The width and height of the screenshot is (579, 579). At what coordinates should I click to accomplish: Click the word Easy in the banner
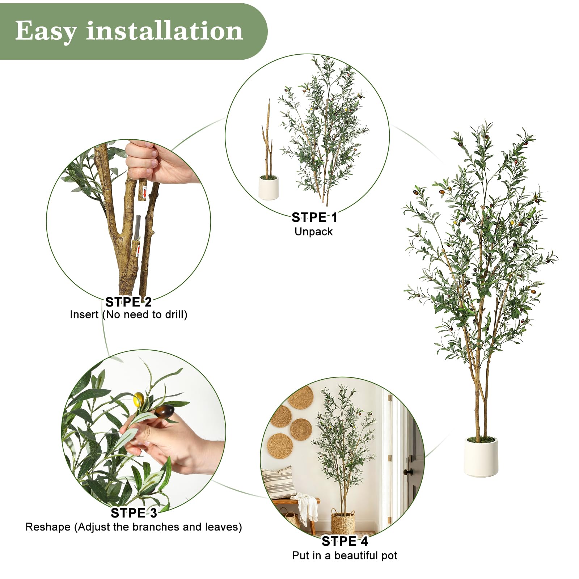[x=46, y=31]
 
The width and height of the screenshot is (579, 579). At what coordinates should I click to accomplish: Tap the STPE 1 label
[x=314, y=217]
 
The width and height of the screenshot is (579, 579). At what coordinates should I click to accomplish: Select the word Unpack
[x=313, y=232]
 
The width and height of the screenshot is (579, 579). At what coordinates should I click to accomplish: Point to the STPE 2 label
[x=128, y=302]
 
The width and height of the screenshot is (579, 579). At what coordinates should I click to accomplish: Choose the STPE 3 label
[x=134, y=513]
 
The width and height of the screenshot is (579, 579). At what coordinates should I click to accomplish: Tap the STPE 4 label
[x=345, y=541]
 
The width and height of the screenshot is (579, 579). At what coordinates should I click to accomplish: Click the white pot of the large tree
[x=481, y=456]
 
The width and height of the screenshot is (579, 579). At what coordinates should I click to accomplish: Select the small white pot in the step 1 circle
[x=269, y=187]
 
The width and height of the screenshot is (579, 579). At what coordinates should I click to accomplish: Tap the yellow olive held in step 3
[x=139, y=399]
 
